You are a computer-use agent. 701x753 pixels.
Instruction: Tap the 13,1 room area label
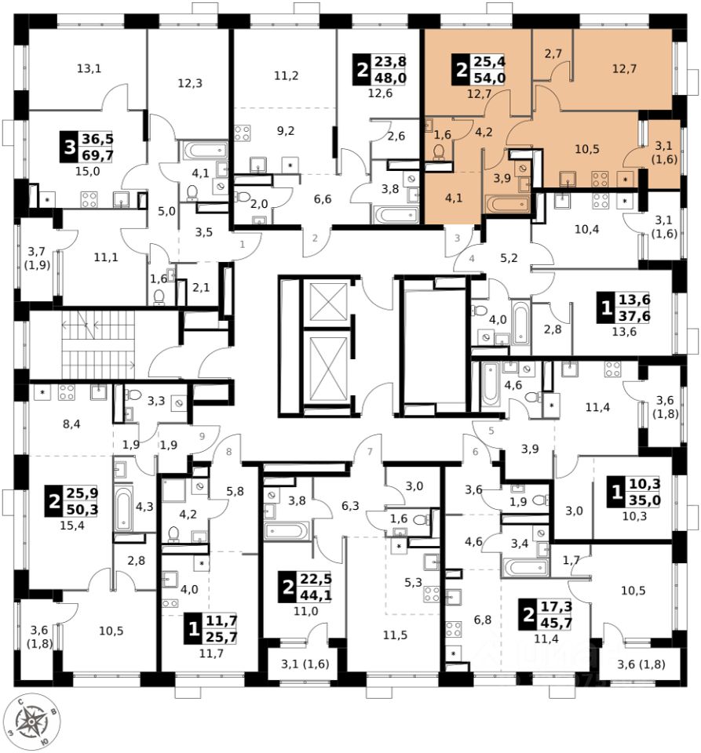coord(89,67)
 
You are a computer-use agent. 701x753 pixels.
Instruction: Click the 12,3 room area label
coord(188,83)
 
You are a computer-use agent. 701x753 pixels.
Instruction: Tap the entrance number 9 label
coord(202,437)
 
